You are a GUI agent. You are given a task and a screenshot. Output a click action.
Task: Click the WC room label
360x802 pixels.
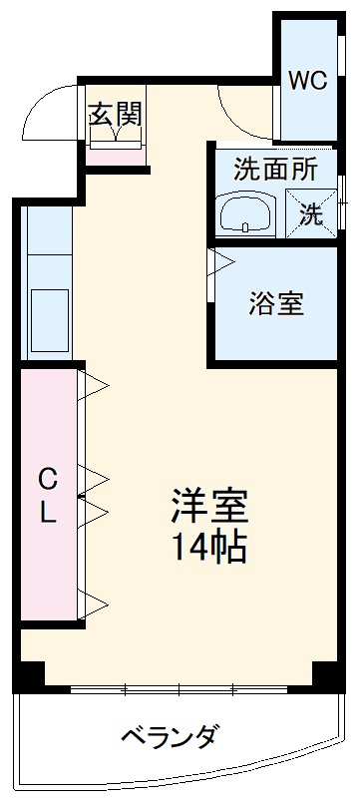[x=308, y=82]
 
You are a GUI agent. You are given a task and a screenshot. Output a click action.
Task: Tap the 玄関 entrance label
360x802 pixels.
[x=115, y=113]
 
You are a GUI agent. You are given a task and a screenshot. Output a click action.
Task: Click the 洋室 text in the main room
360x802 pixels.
[x=206, y=507]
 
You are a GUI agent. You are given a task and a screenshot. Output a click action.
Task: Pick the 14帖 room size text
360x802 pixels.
[x=206, y=548]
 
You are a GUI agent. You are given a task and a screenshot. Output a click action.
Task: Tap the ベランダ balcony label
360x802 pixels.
[x=169, y=738]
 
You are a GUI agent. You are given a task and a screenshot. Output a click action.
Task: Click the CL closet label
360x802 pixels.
[x=47, y=496]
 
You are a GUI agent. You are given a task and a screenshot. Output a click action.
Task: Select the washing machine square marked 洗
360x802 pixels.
[x=312, y=212]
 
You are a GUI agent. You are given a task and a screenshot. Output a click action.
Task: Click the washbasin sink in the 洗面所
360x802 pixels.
[x=244, y=214]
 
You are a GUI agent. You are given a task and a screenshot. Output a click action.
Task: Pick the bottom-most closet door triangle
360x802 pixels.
[x=93, y=601]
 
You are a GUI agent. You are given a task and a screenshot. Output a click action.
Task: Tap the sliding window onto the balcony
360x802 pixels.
[x=180, y=689]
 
